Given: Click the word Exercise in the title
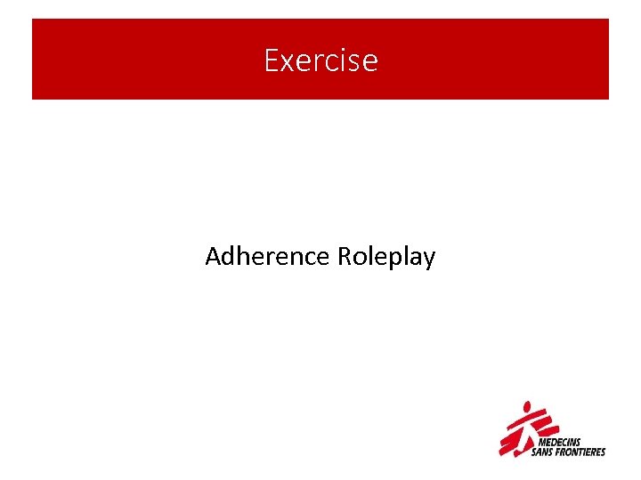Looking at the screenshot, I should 320,60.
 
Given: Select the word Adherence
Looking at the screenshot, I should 268,257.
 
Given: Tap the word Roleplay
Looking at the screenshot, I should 387,258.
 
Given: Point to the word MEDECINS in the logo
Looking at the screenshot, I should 560,440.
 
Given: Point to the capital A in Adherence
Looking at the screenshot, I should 213,257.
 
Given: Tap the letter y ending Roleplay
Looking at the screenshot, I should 429,260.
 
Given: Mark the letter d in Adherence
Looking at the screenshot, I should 229,257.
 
